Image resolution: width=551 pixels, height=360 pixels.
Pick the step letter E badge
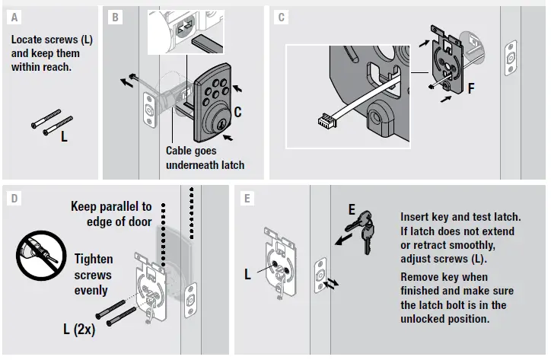[245, 198]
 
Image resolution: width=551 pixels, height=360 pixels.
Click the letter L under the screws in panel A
[64, 137]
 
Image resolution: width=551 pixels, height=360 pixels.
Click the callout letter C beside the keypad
[237, 112]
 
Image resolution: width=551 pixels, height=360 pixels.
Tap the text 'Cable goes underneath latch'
[205, 158]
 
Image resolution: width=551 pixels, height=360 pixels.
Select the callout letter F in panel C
[470, 88]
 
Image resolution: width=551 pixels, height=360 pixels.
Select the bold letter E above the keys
[351, 207]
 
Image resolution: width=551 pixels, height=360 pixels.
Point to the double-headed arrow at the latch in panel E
[333, 282]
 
